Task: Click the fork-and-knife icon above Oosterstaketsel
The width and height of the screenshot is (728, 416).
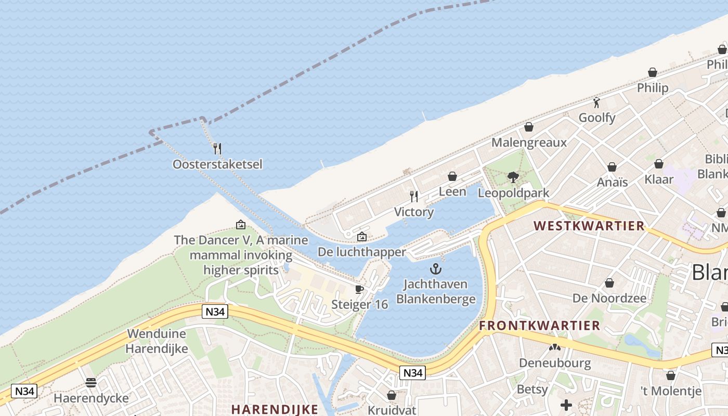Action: (217, 149)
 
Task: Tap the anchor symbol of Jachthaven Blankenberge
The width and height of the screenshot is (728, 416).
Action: (436, 269)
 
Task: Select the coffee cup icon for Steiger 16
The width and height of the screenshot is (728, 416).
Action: (359, 289)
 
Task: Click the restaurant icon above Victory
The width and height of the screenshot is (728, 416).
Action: (414, 196)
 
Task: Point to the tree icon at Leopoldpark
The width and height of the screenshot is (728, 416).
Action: (513, 177)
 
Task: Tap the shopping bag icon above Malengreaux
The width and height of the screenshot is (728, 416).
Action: (529, 127)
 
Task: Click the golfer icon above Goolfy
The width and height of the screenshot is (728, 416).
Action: (596, 102)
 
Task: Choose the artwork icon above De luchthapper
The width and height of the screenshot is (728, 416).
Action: (362, 237)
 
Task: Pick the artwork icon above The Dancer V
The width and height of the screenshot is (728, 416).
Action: (241, 225)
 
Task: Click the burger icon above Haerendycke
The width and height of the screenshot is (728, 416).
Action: (91, 383)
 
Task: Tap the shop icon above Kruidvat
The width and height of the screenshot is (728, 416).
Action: (392, 395)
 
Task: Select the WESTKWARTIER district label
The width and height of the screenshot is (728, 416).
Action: (589, 226)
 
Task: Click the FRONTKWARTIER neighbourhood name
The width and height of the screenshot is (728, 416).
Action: (539, 326)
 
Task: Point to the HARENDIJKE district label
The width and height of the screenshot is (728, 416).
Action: (275, 409)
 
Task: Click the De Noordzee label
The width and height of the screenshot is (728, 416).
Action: (609, 298)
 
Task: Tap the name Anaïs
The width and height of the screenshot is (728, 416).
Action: (612, 183)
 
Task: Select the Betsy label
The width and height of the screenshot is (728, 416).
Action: (532, 389)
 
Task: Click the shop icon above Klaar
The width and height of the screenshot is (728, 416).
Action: (659, 164)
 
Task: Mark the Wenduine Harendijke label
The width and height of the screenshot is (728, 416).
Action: (158, 341)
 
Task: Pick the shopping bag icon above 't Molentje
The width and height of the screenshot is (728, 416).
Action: (671, 375)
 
